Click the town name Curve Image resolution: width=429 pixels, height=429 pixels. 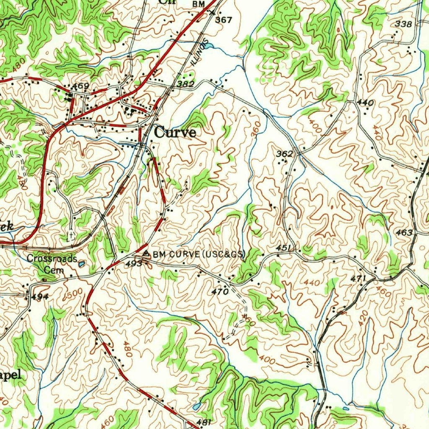tap(175, 132)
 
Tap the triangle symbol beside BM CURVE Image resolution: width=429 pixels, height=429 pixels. tap(146, 254)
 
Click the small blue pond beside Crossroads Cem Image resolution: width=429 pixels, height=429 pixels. tap(82, 264)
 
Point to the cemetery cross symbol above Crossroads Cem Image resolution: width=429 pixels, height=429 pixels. tap(72, 235)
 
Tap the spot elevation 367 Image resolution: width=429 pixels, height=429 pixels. tap(223, 20)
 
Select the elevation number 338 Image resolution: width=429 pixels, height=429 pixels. tap(403, 24)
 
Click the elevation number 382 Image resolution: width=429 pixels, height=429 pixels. tap(185, 85)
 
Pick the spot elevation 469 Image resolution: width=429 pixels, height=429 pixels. tap(80, 86)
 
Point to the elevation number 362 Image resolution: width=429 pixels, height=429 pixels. tap(284, 154)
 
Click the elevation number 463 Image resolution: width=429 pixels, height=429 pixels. tap(404, 233)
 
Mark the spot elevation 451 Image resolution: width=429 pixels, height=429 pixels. tap(284, 248)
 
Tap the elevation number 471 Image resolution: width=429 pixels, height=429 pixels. tap(358, 279)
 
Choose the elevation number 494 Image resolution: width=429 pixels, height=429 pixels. tap(40, 297)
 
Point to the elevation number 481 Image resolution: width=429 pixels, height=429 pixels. tap(204, 422)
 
